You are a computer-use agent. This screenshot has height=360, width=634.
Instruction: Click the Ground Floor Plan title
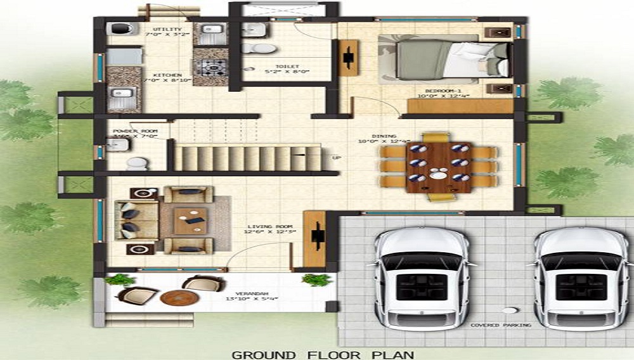[x=317, y=354]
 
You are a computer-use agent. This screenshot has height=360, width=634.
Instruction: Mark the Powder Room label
[x=134, y=132]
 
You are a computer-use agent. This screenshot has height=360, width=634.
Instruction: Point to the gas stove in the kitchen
[x=210, y=66]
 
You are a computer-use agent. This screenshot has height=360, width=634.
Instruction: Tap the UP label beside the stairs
[x=336, y=157]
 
